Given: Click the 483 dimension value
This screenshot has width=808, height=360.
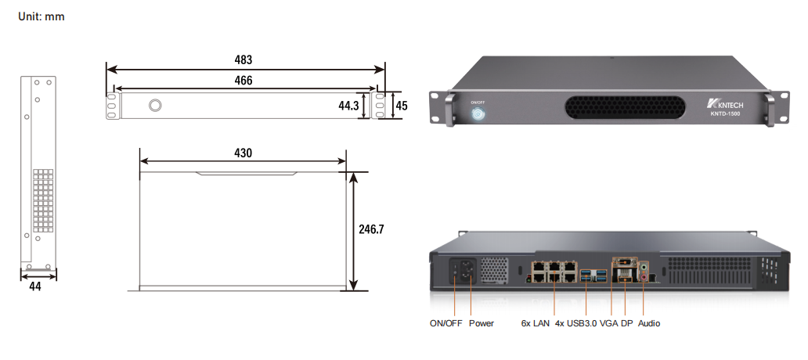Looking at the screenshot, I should point(243,59).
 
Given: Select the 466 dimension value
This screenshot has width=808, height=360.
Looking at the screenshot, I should point(243,81).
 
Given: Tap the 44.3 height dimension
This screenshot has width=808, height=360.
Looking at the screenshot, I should point(348,105).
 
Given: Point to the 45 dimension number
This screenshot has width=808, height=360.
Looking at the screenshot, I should point(401,105).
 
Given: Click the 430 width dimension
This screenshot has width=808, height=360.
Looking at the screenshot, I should point(243,153).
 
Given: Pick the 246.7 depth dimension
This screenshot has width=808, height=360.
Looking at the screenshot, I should point(372,230).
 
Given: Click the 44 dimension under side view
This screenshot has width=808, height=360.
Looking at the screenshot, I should point(34,286).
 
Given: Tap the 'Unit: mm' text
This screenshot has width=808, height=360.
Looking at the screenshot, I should point(41,16).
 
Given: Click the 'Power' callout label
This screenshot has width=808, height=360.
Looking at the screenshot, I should point(482,322).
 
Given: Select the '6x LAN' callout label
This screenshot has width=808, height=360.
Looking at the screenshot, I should point(536,322).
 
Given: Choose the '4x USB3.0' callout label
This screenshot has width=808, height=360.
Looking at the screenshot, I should point(575,322).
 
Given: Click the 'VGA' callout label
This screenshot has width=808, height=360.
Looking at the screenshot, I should point(609,322).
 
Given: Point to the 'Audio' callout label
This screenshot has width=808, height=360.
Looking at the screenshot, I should point(649,322).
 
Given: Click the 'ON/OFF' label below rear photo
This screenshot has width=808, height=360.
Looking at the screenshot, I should point(445,322).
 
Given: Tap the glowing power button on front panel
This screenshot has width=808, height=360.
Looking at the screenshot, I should point(478,114).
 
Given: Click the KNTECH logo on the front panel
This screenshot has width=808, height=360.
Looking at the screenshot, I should point(724,103).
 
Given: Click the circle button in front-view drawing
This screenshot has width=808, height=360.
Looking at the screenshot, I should point(156,106).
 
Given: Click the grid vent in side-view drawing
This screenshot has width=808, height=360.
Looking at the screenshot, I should point(43,201).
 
